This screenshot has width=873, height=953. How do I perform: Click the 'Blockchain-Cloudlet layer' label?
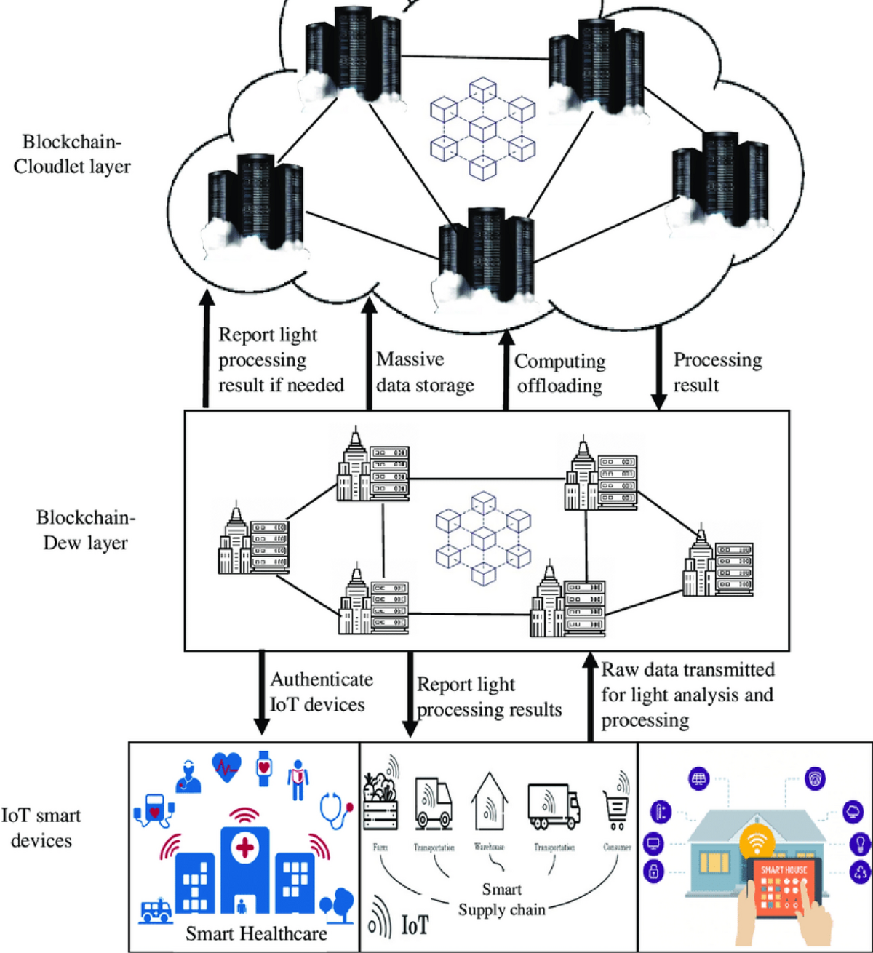coord(72,154)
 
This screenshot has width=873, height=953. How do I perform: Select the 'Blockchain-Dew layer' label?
coord(86,530)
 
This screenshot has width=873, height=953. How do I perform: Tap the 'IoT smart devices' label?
coord(41,828)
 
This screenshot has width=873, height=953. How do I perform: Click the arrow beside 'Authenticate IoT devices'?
coord(261,692)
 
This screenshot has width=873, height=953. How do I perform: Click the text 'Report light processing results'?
coord(489,697)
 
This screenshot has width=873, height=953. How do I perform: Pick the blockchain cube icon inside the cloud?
coord(482,129)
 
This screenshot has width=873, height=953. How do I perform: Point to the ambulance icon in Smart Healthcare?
coord(156,910)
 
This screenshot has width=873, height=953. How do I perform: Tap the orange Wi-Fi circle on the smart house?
coord(757,842)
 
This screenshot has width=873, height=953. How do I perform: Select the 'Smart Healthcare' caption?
coord(256,933)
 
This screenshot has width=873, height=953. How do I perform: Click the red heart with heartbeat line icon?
coord(226,766)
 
